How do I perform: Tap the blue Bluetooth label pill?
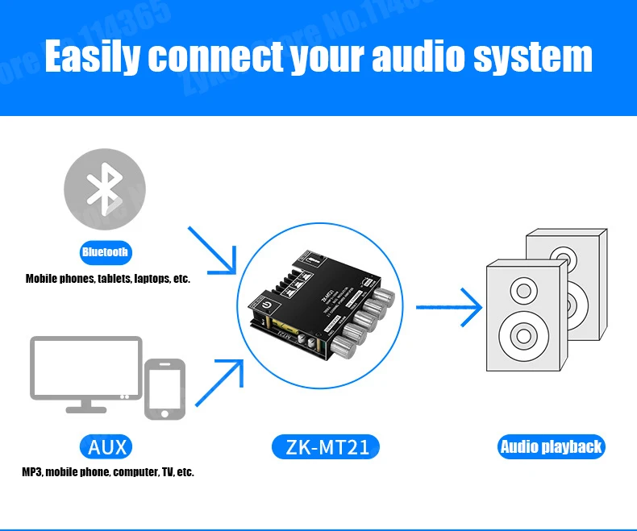coord(105,252)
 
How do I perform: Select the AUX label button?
coord(106,446)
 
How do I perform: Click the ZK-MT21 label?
coord(327,447)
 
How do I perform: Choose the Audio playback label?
coord(551,447)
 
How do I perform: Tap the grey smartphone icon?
coord(164,389)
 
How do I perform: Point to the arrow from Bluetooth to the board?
coord(213,250)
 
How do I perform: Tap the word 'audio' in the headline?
coord(412,58)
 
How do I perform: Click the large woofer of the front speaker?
coord(516,333)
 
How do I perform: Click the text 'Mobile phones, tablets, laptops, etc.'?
coord(107,279)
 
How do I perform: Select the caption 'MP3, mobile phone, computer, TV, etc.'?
coord(107,472)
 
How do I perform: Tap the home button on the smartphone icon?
coord(164,413)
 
